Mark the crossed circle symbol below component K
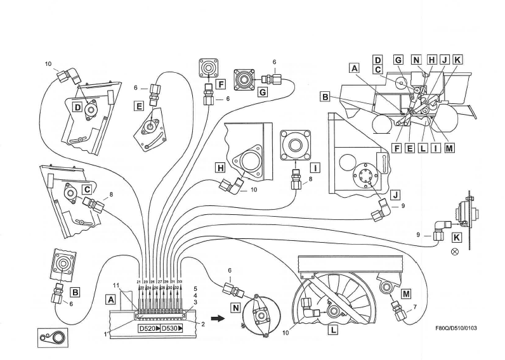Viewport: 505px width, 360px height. click(x=454, y=252)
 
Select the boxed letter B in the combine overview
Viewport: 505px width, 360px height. click(x=325, y=98)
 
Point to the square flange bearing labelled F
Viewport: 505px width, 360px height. click(x=206, y=67)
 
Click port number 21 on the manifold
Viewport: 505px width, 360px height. click(x=139, y=281)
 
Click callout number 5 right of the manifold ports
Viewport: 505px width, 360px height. click(x=195, y=289)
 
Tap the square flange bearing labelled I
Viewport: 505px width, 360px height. click(x=296, y=145)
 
